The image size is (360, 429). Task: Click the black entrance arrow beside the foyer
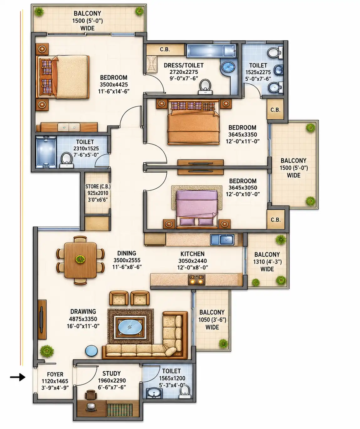[18, 377]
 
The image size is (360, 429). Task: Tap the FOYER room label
[55, 374]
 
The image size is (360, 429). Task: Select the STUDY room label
[111, 373]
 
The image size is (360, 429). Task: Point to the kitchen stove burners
[196, 280]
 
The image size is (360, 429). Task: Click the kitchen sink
[222, 240]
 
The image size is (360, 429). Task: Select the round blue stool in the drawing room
[91, 351]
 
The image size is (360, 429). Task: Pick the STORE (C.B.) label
[98, 186]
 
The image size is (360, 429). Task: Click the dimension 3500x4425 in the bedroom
[114, 85]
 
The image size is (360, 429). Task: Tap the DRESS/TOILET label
[184, 65]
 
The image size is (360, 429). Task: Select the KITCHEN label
[192, 254]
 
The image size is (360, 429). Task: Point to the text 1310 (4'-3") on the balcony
[267, 262]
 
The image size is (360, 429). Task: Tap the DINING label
[127, 253]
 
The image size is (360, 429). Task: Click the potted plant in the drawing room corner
[47, 351]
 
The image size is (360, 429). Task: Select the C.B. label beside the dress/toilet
[165, 49]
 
